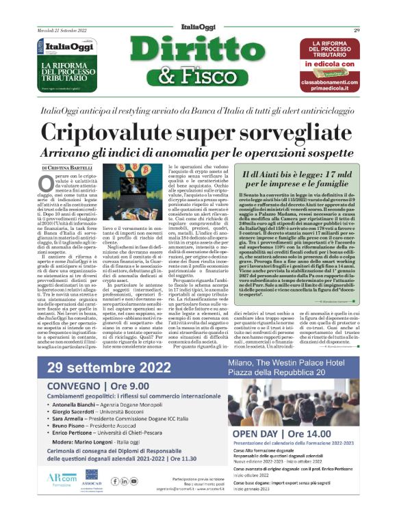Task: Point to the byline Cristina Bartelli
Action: tap(69, 167)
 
